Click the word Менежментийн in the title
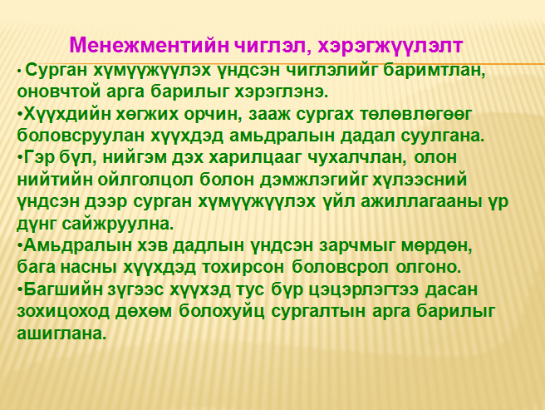pyautogui.click(x=149, y=45)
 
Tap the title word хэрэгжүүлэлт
pyautogui.click(x=385, y=46)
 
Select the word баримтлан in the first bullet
pyautogui.click(x=435, y=71)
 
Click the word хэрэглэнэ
pyautogui.click(x=282, y=92)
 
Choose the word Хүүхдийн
pyautogui.click(x=66, y=114)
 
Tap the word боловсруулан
pyautogui.click(x=81, y=136)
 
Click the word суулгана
pyautogui.click(x=443, y=136)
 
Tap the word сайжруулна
pyautogui.click(x=118, y=225)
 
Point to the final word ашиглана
pyautogui.click(x=61, y=333)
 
